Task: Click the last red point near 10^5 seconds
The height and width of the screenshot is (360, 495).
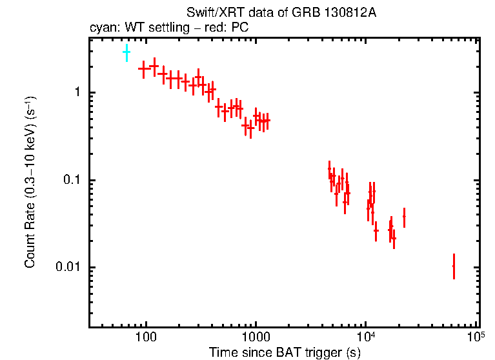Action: coord(454,266)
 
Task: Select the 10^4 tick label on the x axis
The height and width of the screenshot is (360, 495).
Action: coord(366,337)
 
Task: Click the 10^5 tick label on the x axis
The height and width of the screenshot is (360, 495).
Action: coord(476,337)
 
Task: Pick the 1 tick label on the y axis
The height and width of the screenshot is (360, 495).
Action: coord(76,93)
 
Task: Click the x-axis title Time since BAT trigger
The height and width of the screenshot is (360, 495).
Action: coord(284,352)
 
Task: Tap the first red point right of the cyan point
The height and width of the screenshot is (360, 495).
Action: coord(144,67)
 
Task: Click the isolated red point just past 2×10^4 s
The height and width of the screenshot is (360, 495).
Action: coord(404,217)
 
